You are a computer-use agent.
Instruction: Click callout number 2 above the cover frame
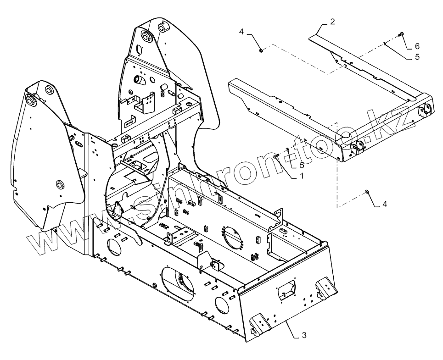[x=332, y=21]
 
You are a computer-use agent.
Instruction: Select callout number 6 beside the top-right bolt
[x=417, y=46]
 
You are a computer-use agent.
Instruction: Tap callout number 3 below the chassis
[x=303, y=336]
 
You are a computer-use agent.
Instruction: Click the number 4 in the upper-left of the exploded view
[x=241, y=32]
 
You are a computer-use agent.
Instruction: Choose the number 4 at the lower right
[x=385, y=204]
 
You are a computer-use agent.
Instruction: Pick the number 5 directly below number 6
[x=417, y=57]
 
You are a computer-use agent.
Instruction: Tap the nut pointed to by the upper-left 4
[x=260, y=50]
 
